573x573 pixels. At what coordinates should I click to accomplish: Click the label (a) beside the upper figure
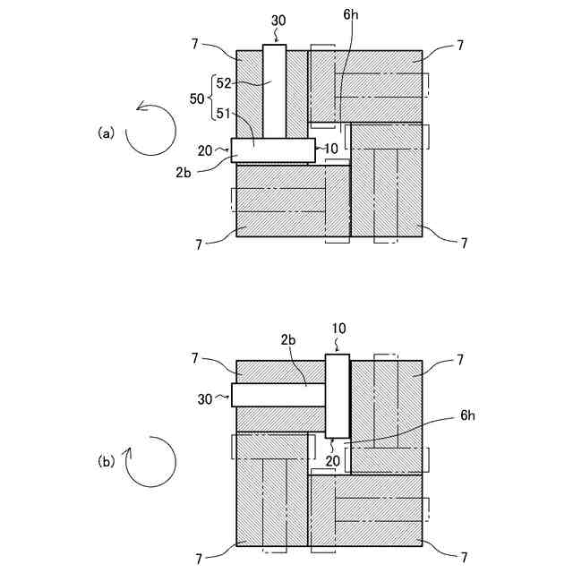pyautogui.click(x=107, y=133)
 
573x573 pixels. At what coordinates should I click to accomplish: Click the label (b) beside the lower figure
pyautogui.click(x=107, y=462)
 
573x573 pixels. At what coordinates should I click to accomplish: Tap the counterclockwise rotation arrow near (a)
pyautogui.click(x=150, y=128)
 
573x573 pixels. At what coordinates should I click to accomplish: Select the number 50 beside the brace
pyautogui.click(x=196, y=98)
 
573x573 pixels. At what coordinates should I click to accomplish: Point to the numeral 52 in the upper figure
pyautogui.click(x=224, y=83)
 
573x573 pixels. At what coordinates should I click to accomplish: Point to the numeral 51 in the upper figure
pyautogui.click(x=224, y=114)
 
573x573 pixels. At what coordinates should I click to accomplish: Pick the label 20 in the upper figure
pyautogui.click(x=204, y=150)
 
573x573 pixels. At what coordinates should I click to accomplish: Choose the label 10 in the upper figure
pyautogui.click(x=331, y=148)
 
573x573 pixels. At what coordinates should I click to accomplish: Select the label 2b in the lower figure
pyautogui.click(x=288, y=340)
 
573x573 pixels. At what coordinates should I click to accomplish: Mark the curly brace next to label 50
pyautogui.click(x=211, y=98)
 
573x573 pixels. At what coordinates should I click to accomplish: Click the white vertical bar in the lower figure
pyautogui.click(x=337, y=396)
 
